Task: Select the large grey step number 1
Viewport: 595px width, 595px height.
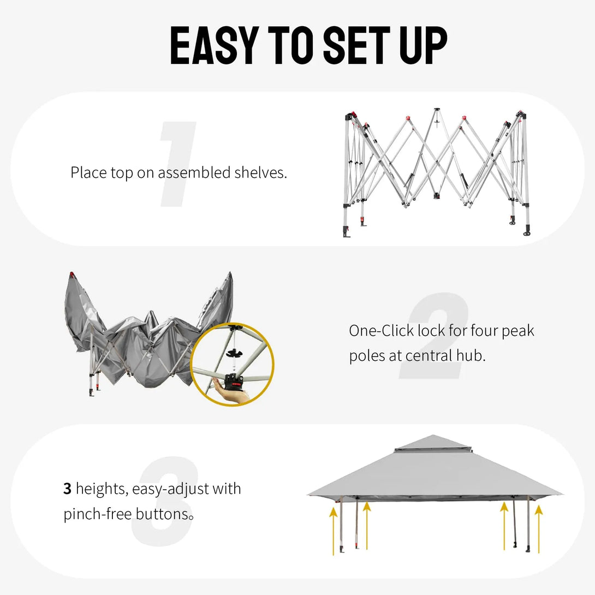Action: click(x=178, y=165)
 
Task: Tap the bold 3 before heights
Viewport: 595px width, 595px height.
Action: click(x=68, y=489)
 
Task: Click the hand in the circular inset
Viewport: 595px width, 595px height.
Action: click(x=232, y=397)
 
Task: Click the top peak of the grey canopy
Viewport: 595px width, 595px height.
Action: click(x=432, y=437)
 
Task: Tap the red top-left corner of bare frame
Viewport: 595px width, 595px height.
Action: click(x=352, y=115)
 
